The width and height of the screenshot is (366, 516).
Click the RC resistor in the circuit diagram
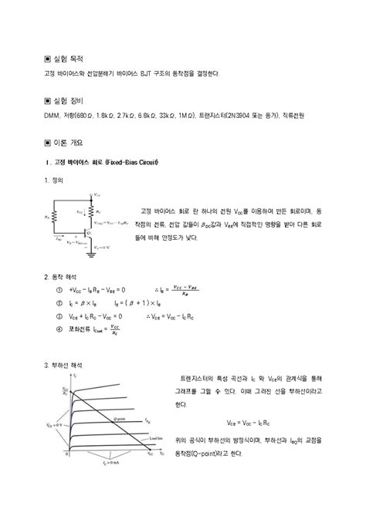pos(92,209)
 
